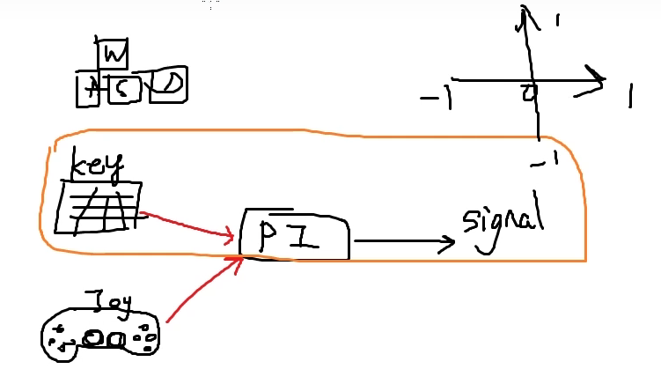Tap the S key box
(x=125, y=89)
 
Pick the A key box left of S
(x=88, y=90)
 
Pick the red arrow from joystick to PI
(x=202, y=295)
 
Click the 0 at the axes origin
(x=530, y=92)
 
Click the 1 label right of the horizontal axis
(x=632, y=97)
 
